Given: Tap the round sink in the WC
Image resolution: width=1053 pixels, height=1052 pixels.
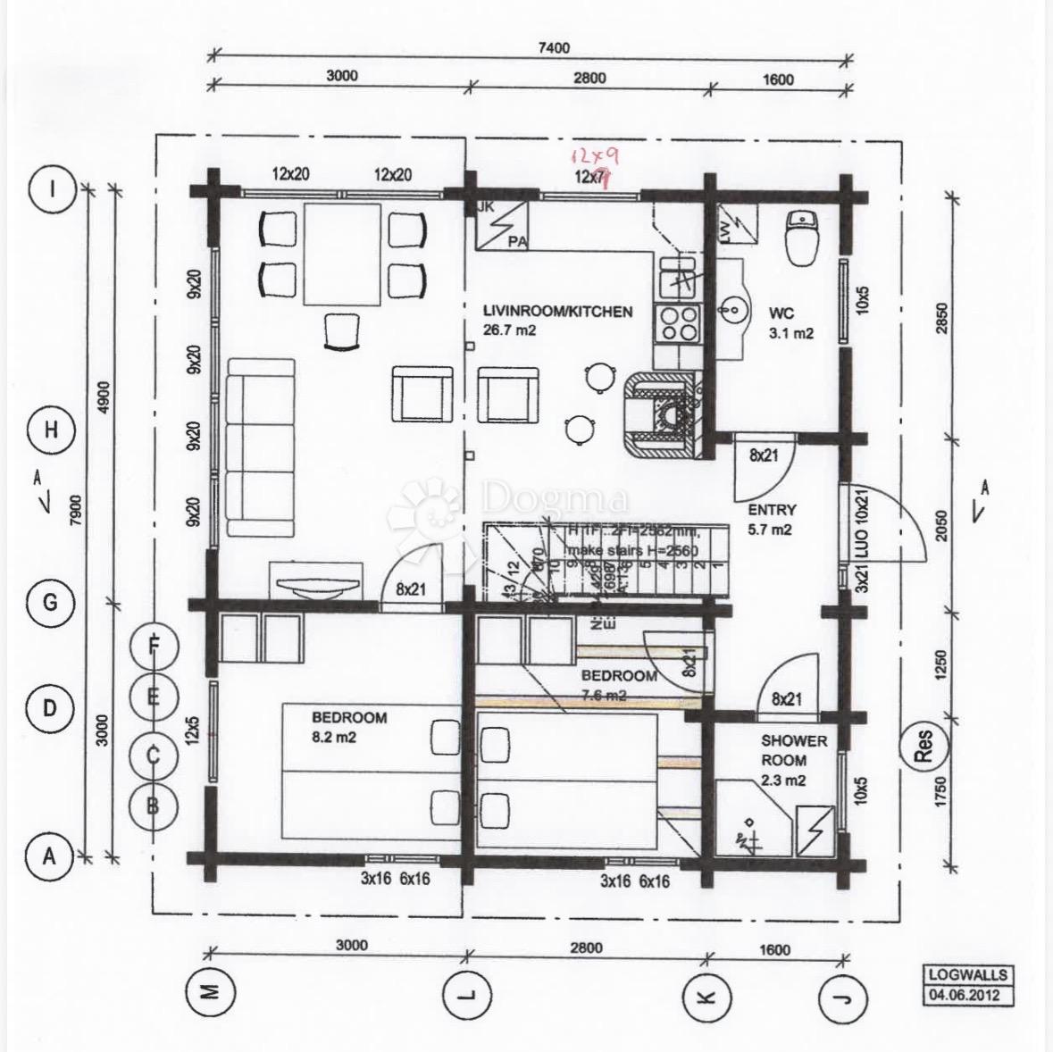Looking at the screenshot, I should click(x=731, y=309).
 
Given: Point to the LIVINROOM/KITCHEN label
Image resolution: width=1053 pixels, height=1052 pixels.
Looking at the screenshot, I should click(x=557, y=312).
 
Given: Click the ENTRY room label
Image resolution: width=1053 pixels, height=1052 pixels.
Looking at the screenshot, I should click(x=772, y=510).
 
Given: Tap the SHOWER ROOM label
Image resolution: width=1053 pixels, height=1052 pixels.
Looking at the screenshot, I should click(x=794, y=750).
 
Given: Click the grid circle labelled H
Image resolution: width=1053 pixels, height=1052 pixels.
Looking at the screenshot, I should click(x=52, y=430).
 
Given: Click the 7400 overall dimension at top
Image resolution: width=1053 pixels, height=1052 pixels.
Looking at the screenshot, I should click(x=554, y=48).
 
